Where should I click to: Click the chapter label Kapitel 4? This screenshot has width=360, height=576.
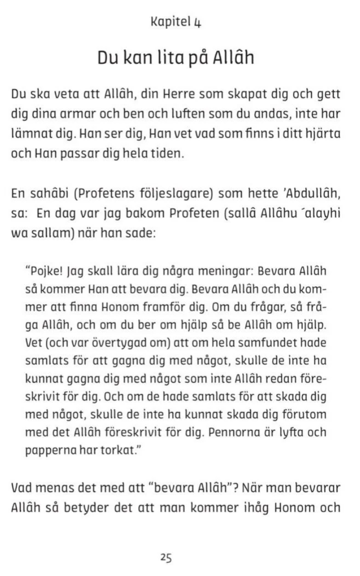176,23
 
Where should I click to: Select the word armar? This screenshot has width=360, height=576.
79,114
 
